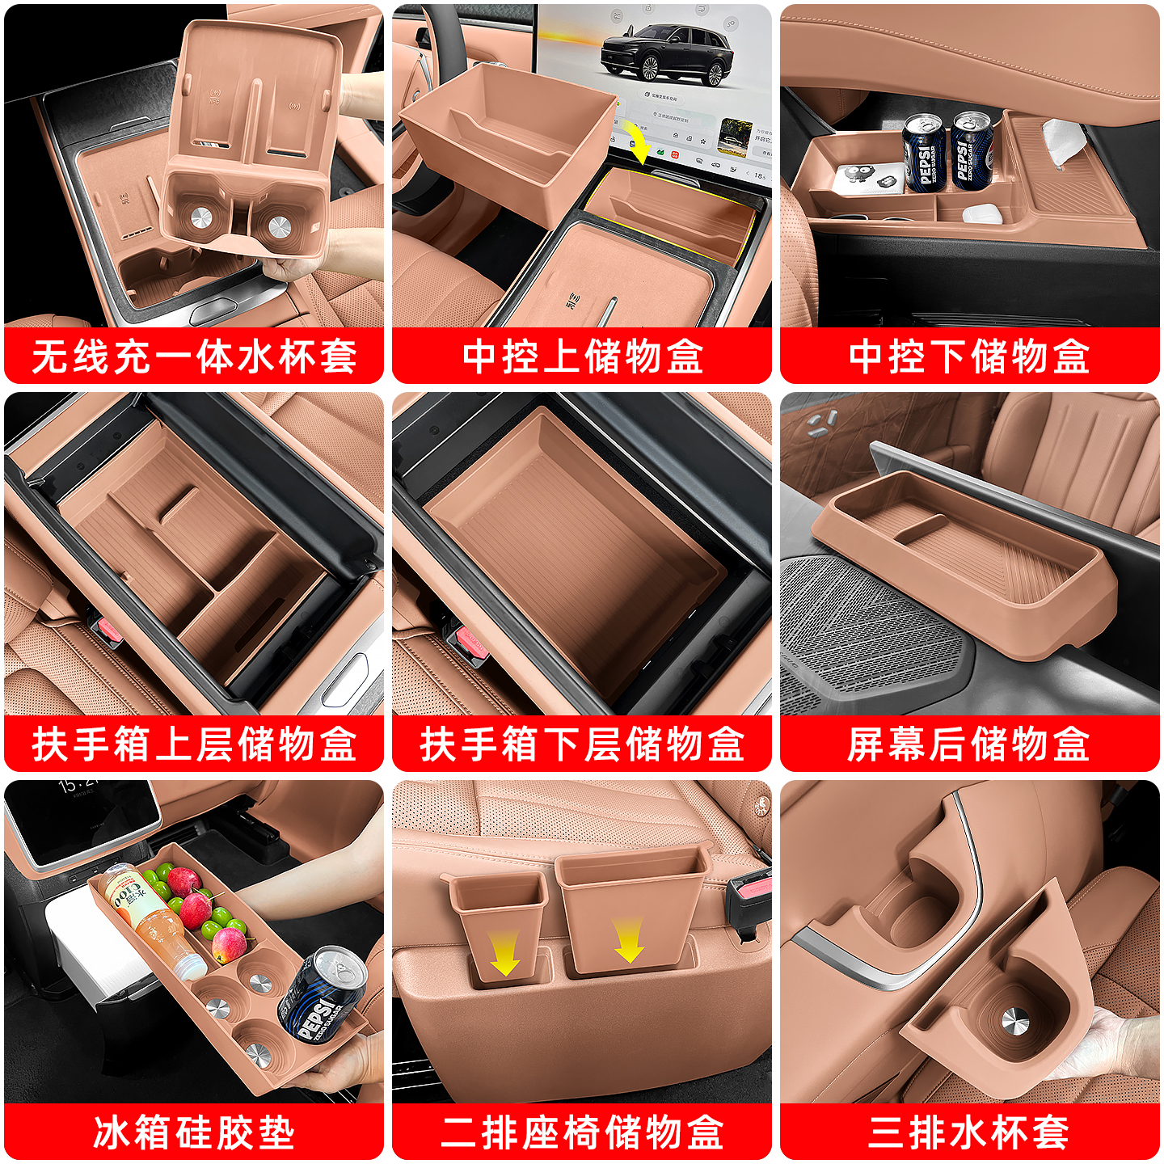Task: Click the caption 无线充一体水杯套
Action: tap(194, 356)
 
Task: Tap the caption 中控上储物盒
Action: tap(582, 356)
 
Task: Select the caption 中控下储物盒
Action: tap(969, 356)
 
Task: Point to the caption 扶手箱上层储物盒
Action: tap(194, 744)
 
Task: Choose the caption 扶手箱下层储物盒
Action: tap(582, 744)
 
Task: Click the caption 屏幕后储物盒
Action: tap(969, 744)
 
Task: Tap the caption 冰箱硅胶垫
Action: tap(194, 1132)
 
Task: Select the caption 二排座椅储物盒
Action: tap(582, 1132)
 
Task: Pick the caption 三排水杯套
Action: tap(969, 1132)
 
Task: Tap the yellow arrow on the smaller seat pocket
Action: tap(504, 954)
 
